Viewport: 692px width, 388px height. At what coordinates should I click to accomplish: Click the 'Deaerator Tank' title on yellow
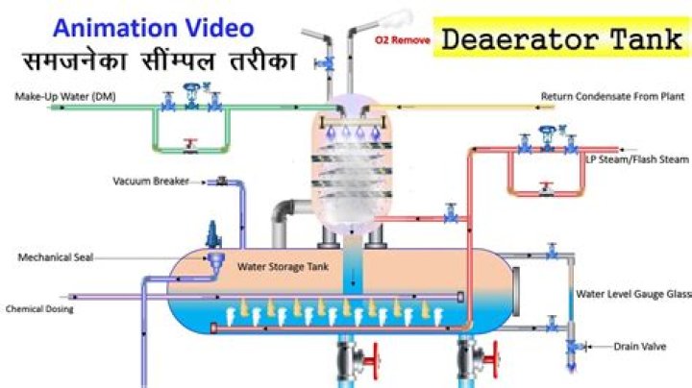pyautogui.click(x=561, y=38)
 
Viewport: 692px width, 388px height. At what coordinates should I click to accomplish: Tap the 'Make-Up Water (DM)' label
pyautogui.click(x=65, y=96)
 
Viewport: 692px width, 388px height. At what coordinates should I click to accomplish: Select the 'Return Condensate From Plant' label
pyautogui.click(x=612, y=96)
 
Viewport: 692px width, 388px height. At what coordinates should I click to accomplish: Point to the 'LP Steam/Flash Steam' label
pyautogui.click(x=637, y=159)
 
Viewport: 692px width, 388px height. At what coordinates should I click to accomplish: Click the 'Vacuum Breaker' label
pyautogui.click(x=151, y=181)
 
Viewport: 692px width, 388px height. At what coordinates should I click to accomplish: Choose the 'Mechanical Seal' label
pyautogui.click(x=56, y=257)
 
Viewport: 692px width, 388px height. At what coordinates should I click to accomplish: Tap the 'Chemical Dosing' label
pyautogui.click(x=39, y=308)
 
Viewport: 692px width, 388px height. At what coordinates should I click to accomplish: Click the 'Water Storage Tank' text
pyautogui.click(x=283, y=266)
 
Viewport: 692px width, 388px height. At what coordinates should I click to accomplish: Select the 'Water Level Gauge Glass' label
pyautogui.click(x=633, y=294)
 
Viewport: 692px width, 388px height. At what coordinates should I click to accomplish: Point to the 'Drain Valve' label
pyautogui.click(x=639, y=347)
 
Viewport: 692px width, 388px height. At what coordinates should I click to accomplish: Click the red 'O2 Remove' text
pyautogui.click(x=403, y=40)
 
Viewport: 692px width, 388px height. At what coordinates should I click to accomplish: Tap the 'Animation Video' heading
pyautogui.click(x=153, y=27)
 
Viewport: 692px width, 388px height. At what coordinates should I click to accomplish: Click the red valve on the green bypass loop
pyautogui.click(x=190, y=145)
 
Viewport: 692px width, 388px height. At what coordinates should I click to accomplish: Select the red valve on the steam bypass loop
pyautogui.click(x=546, y=188)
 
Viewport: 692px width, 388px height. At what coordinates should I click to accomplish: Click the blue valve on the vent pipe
pyautogui.click(x=325, y=64)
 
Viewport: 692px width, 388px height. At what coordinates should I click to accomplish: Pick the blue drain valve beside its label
pyautogui.click(x=573, y=347)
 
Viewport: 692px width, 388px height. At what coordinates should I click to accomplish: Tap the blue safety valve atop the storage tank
pyautogui.click(x=213, y=235)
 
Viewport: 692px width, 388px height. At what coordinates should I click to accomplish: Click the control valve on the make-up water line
pyautogui.click(x=191, y=96)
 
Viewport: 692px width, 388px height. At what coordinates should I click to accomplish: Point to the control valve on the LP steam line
pyautogui.click(x=548, y=138)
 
